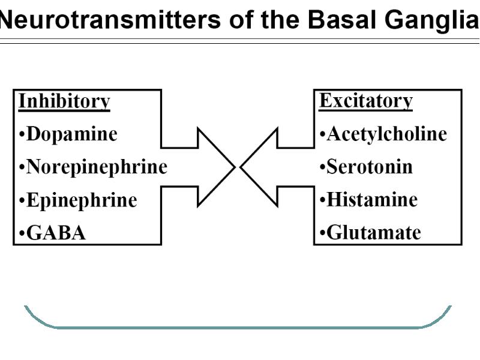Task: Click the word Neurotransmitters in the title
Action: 110,20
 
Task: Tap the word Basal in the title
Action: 341,20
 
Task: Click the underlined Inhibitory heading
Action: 64,101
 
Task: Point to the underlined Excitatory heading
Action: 366,101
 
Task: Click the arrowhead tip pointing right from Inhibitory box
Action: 235,167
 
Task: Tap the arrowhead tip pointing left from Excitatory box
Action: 241,167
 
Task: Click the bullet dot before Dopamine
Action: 22,134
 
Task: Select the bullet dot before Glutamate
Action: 322,233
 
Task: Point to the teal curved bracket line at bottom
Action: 238,328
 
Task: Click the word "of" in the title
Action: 241,20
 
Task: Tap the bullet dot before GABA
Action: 22,233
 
